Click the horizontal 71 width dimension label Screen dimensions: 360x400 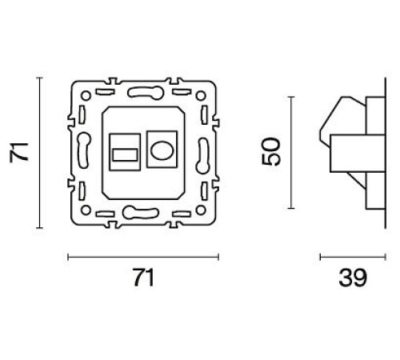142,278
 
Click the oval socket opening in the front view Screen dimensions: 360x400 159,150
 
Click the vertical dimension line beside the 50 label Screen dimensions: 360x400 291,151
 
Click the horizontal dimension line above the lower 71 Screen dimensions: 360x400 142,257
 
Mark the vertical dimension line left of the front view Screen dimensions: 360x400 38,152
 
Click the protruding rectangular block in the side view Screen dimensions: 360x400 352,151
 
